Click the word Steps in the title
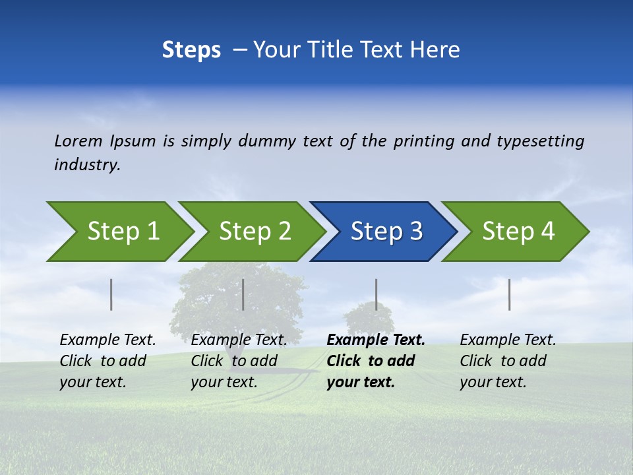pyautogui.click(x=191, y=50)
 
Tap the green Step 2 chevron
pyautogui.click(x=251, y=232)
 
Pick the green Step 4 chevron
pyautogui.click(x=516, y=232)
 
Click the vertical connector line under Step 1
pyautogui.click(x=111, y=294)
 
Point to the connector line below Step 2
pyautogui.click(x=243, y=294)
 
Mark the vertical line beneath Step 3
pyautogui.click(x=376, y=294)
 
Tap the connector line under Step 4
pyautogui.click(x=509, y=294)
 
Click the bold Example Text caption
pyautogui.click(x=375, y=360)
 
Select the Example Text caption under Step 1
pyautogui.click(x=107, y=360)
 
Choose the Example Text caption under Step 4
pyautogui.click(x=508, y=360)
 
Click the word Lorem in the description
pyautogui.click(x=78, y=141)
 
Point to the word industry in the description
pyautogui.click(x=87, y=165)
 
